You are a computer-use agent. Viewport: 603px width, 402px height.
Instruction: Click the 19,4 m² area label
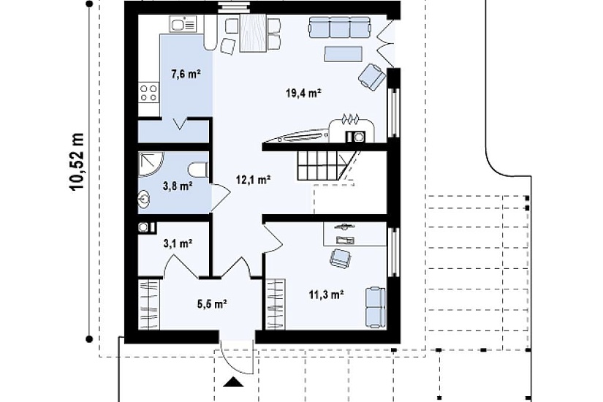303,93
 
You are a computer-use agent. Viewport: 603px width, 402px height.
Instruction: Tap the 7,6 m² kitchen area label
186,74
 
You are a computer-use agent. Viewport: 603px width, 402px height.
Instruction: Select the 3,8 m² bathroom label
178,186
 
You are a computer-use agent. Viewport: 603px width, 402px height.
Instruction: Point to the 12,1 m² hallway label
254,179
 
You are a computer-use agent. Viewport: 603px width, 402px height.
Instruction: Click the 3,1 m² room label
178,243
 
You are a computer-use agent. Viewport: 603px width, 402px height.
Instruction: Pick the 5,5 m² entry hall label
212,304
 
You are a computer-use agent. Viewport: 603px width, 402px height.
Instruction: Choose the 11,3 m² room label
326,295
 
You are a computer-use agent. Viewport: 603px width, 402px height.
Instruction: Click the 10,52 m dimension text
77,162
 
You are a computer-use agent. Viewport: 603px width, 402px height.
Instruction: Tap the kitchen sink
183,24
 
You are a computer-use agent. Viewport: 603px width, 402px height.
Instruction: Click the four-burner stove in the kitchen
149,93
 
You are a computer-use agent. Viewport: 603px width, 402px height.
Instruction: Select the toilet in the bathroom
198,170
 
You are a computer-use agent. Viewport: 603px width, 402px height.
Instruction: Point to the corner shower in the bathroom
151,164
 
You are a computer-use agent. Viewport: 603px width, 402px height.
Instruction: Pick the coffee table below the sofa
343,54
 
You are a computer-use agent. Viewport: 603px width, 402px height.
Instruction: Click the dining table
253,34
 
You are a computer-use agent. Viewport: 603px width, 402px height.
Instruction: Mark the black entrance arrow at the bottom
233,382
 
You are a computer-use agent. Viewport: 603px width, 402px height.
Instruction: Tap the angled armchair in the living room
372,77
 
